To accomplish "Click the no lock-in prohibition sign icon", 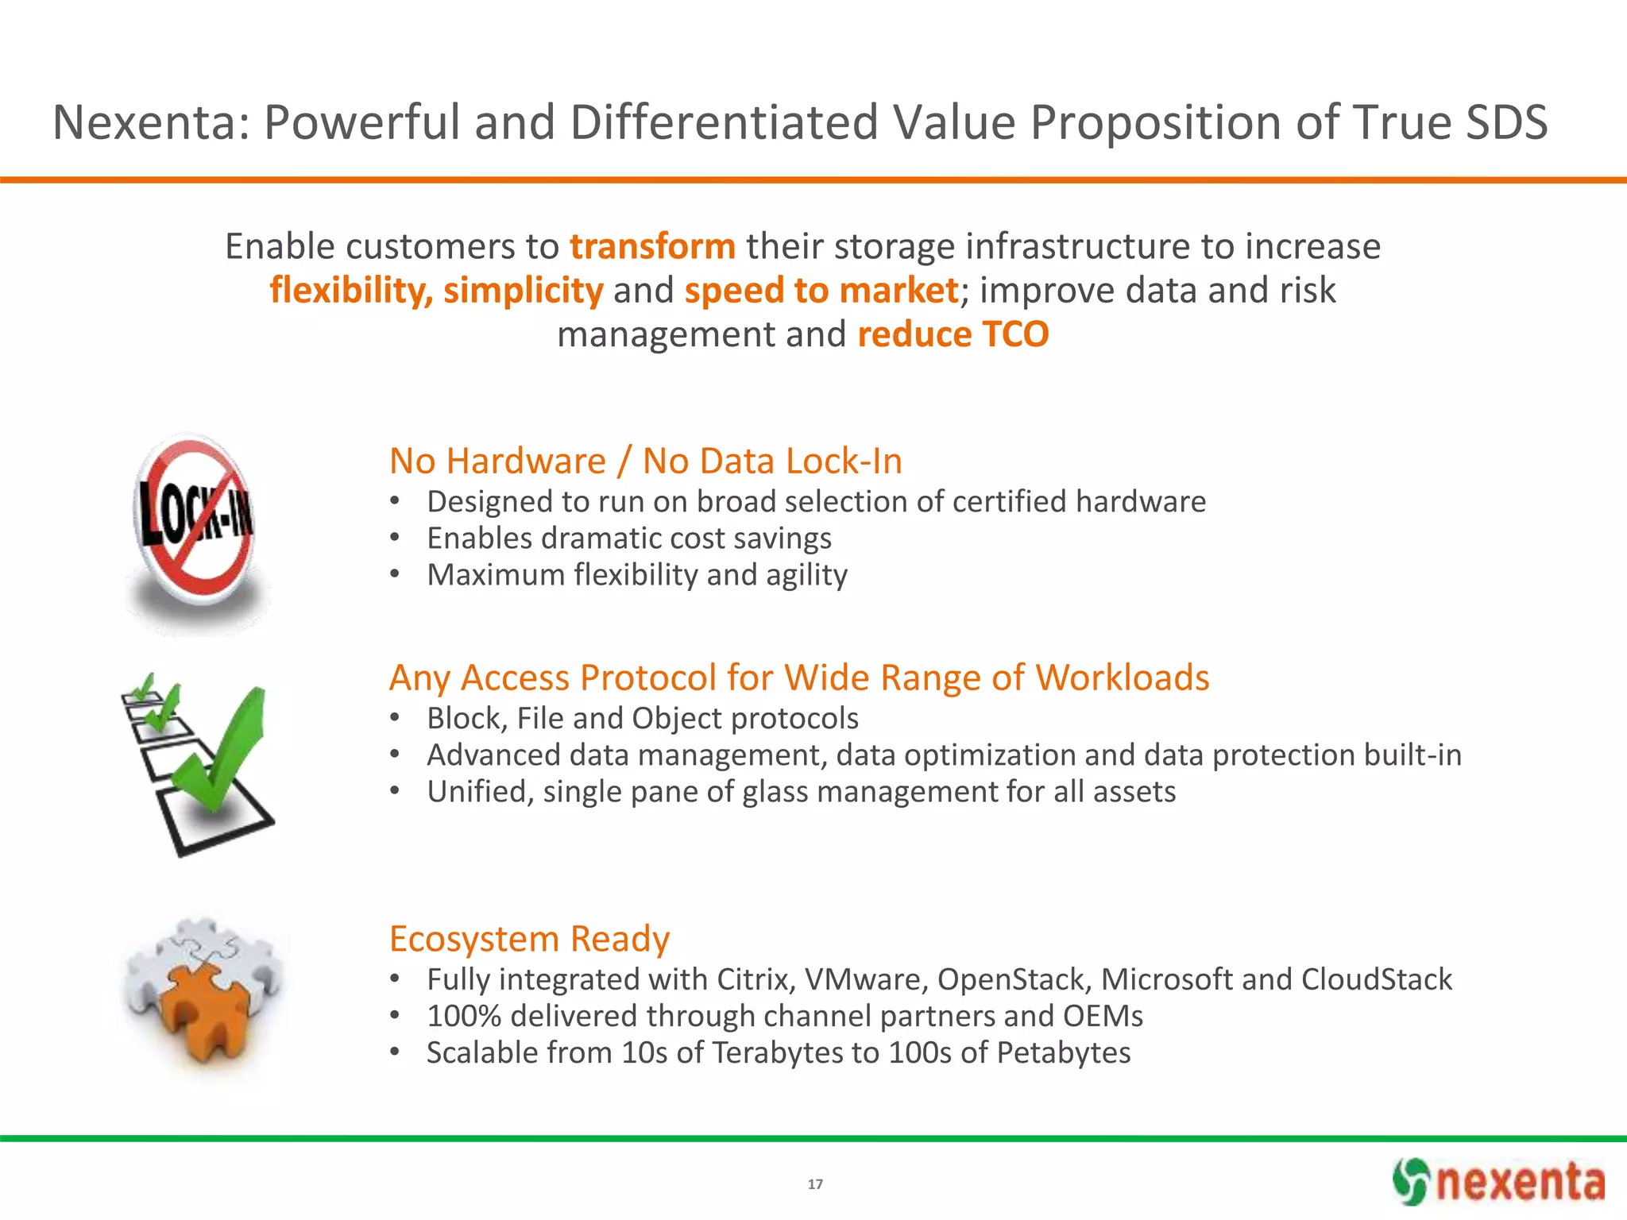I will pos(195,520).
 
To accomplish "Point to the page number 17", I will pos(815,1184).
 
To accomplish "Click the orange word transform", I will pos(652,246).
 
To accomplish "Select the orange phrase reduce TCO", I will pos(953,334).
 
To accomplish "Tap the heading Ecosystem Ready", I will pos(529,939).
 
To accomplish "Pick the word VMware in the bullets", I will pos(865,979).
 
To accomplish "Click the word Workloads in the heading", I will pos(1122,678).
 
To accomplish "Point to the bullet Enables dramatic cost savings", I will pos(628,539).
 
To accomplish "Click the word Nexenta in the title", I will pos(151,123).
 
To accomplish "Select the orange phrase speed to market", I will pos(821,291).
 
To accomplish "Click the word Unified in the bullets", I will pos(479,792).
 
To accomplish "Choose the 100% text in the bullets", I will pos(463,1016).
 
